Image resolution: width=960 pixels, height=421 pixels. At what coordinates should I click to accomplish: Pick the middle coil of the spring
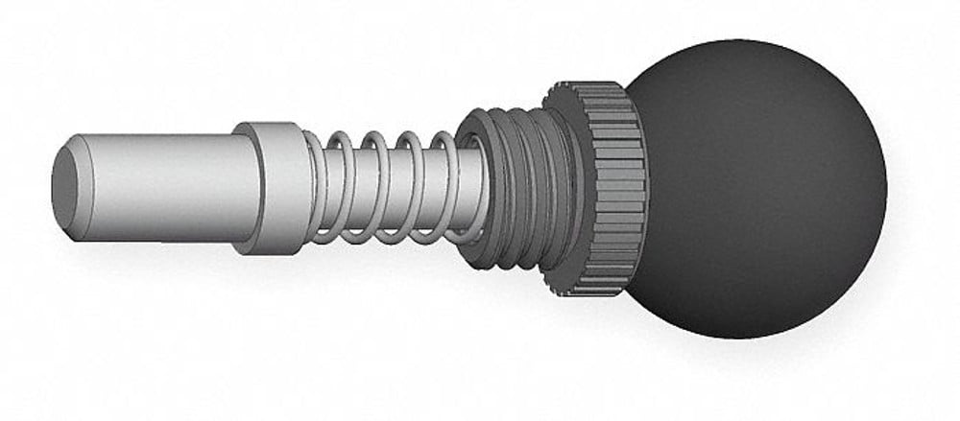pos(380,187)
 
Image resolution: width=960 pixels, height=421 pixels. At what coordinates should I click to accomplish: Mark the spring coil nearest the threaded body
pos(446,187)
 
